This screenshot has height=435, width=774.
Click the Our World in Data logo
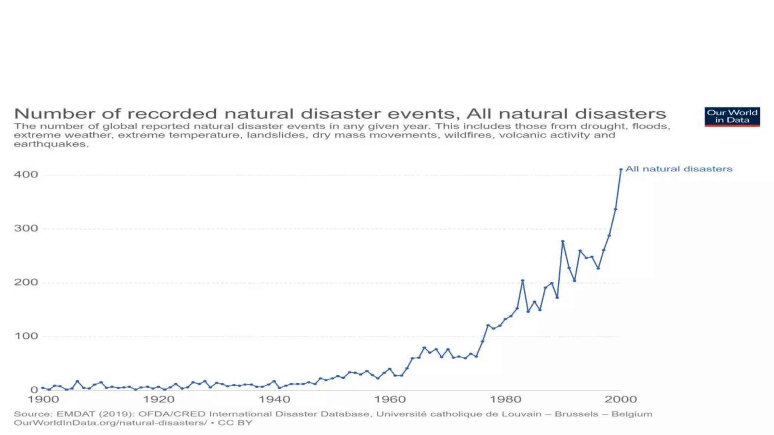[x=732, y=116]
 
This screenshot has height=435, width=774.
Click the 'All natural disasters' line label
[x=679, y=169]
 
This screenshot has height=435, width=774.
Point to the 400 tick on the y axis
[x=26, y=174]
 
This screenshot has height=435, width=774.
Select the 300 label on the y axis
[x=26, y=228]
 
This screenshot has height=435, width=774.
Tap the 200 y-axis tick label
[x=26, y=282]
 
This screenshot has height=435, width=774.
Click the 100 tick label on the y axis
[x=26, y=336]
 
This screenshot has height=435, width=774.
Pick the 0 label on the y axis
[x=34, y=390]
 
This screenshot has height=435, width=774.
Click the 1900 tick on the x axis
[x=43, y=400]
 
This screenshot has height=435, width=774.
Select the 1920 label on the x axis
[x=159, y=400]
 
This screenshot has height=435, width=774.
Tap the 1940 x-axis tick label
[x=274, y=400]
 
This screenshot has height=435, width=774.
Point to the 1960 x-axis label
[x=390, y=400]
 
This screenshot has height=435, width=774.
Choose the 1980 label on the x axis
[x=505, y=400]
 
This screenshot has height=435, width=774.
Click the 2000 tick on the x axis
[x=621, y=400]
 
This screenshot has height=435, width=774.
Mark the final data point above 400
[x=621, y=170]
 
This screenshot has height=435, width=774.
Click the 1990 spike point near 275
[x=563, y=241]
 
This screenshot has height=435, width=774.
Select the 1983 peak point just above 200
[x=523, y=281]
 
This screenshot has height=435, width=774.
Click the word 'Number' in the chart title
[x=42, y=114]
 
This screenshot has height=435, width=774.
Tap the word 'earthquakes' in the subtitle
[x=51, y=144]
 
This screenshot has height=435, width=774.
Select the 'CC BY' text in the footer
[x=235, y=423]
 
